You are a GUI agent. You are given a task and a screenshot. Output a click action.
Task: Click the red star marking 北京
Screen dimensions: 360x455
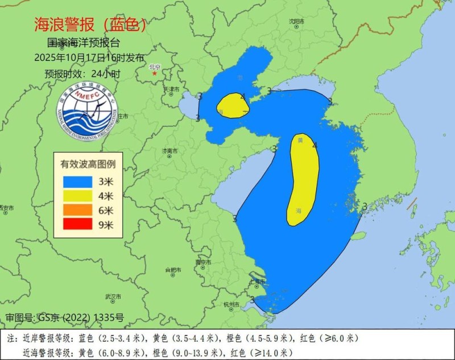point(154,73)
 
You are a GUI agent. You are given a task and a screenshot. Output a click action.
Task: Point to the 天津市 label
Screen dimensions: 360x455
point(172,89)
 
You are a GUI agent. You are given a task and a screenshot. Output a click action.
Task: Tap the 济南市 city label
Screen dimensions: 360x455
point(170,151)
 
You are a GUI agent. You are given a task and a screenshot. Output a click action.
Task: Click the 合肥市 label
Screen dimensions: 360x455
point(172,269)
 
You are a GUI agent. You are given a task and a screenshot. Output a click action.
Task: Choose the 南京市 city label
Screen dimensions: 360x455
point(202,262)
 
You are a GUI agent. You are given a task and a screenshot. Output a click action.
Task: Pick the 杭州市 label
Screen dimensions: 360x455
point(233,304)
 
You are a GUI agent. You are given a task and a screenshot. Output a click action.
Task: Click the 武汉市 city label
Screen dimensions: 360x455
point(113,297)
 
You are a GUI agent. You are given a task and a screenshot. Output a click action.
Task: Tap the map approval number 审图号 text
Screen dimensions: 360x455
point(64,317)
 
